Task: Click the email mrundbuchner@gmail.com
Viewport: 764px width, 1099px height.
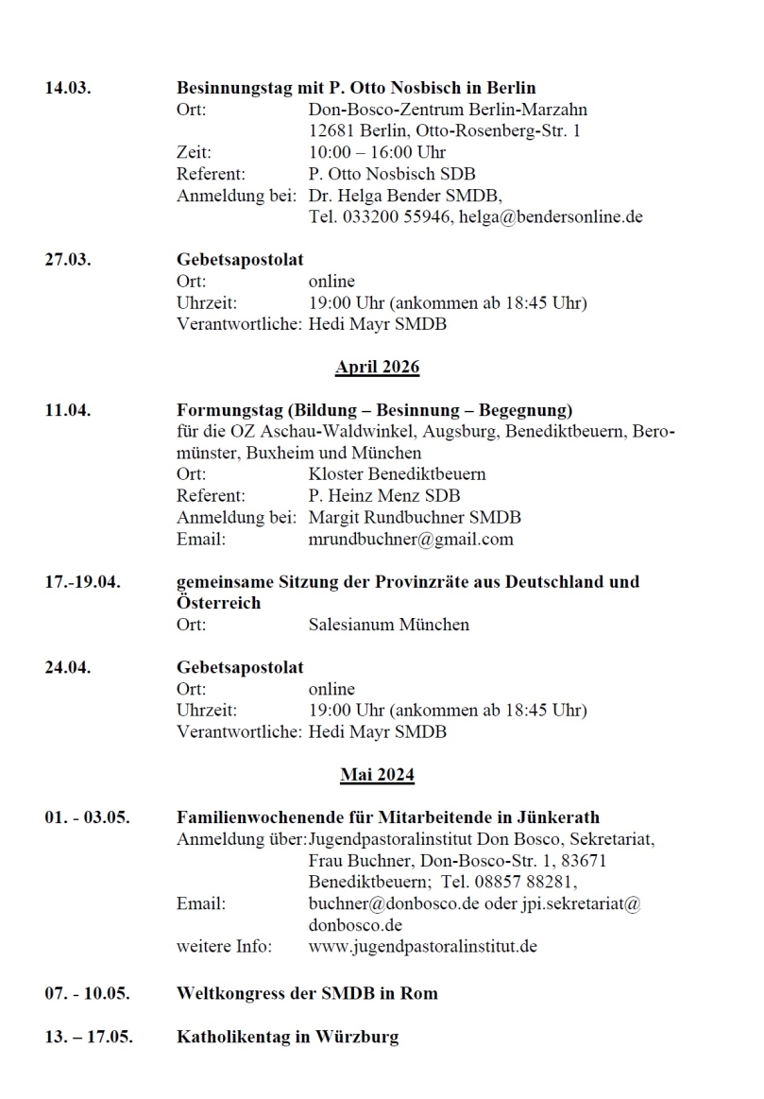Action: tap(411, 540)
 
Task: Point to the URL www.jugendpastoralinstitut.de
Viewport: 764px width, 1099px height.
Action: tap(422, 946)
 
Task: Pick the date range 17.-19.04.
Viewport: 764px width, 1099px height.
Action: tap(82, 582)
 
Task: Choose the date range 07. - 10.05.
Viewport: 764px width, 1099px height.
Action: tap(88, 994)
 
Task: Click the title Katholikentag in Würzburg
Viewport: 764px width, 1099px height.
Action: tap(287, 1037)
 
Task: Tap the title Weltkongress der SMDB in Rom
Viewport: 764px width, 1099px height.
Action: tap(307, 994)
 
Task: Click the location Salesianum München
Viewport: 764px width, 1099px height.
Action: tap(388, 625)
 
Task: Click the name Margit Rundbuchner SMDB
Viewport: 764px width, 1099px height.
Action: tap(415, 518)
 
